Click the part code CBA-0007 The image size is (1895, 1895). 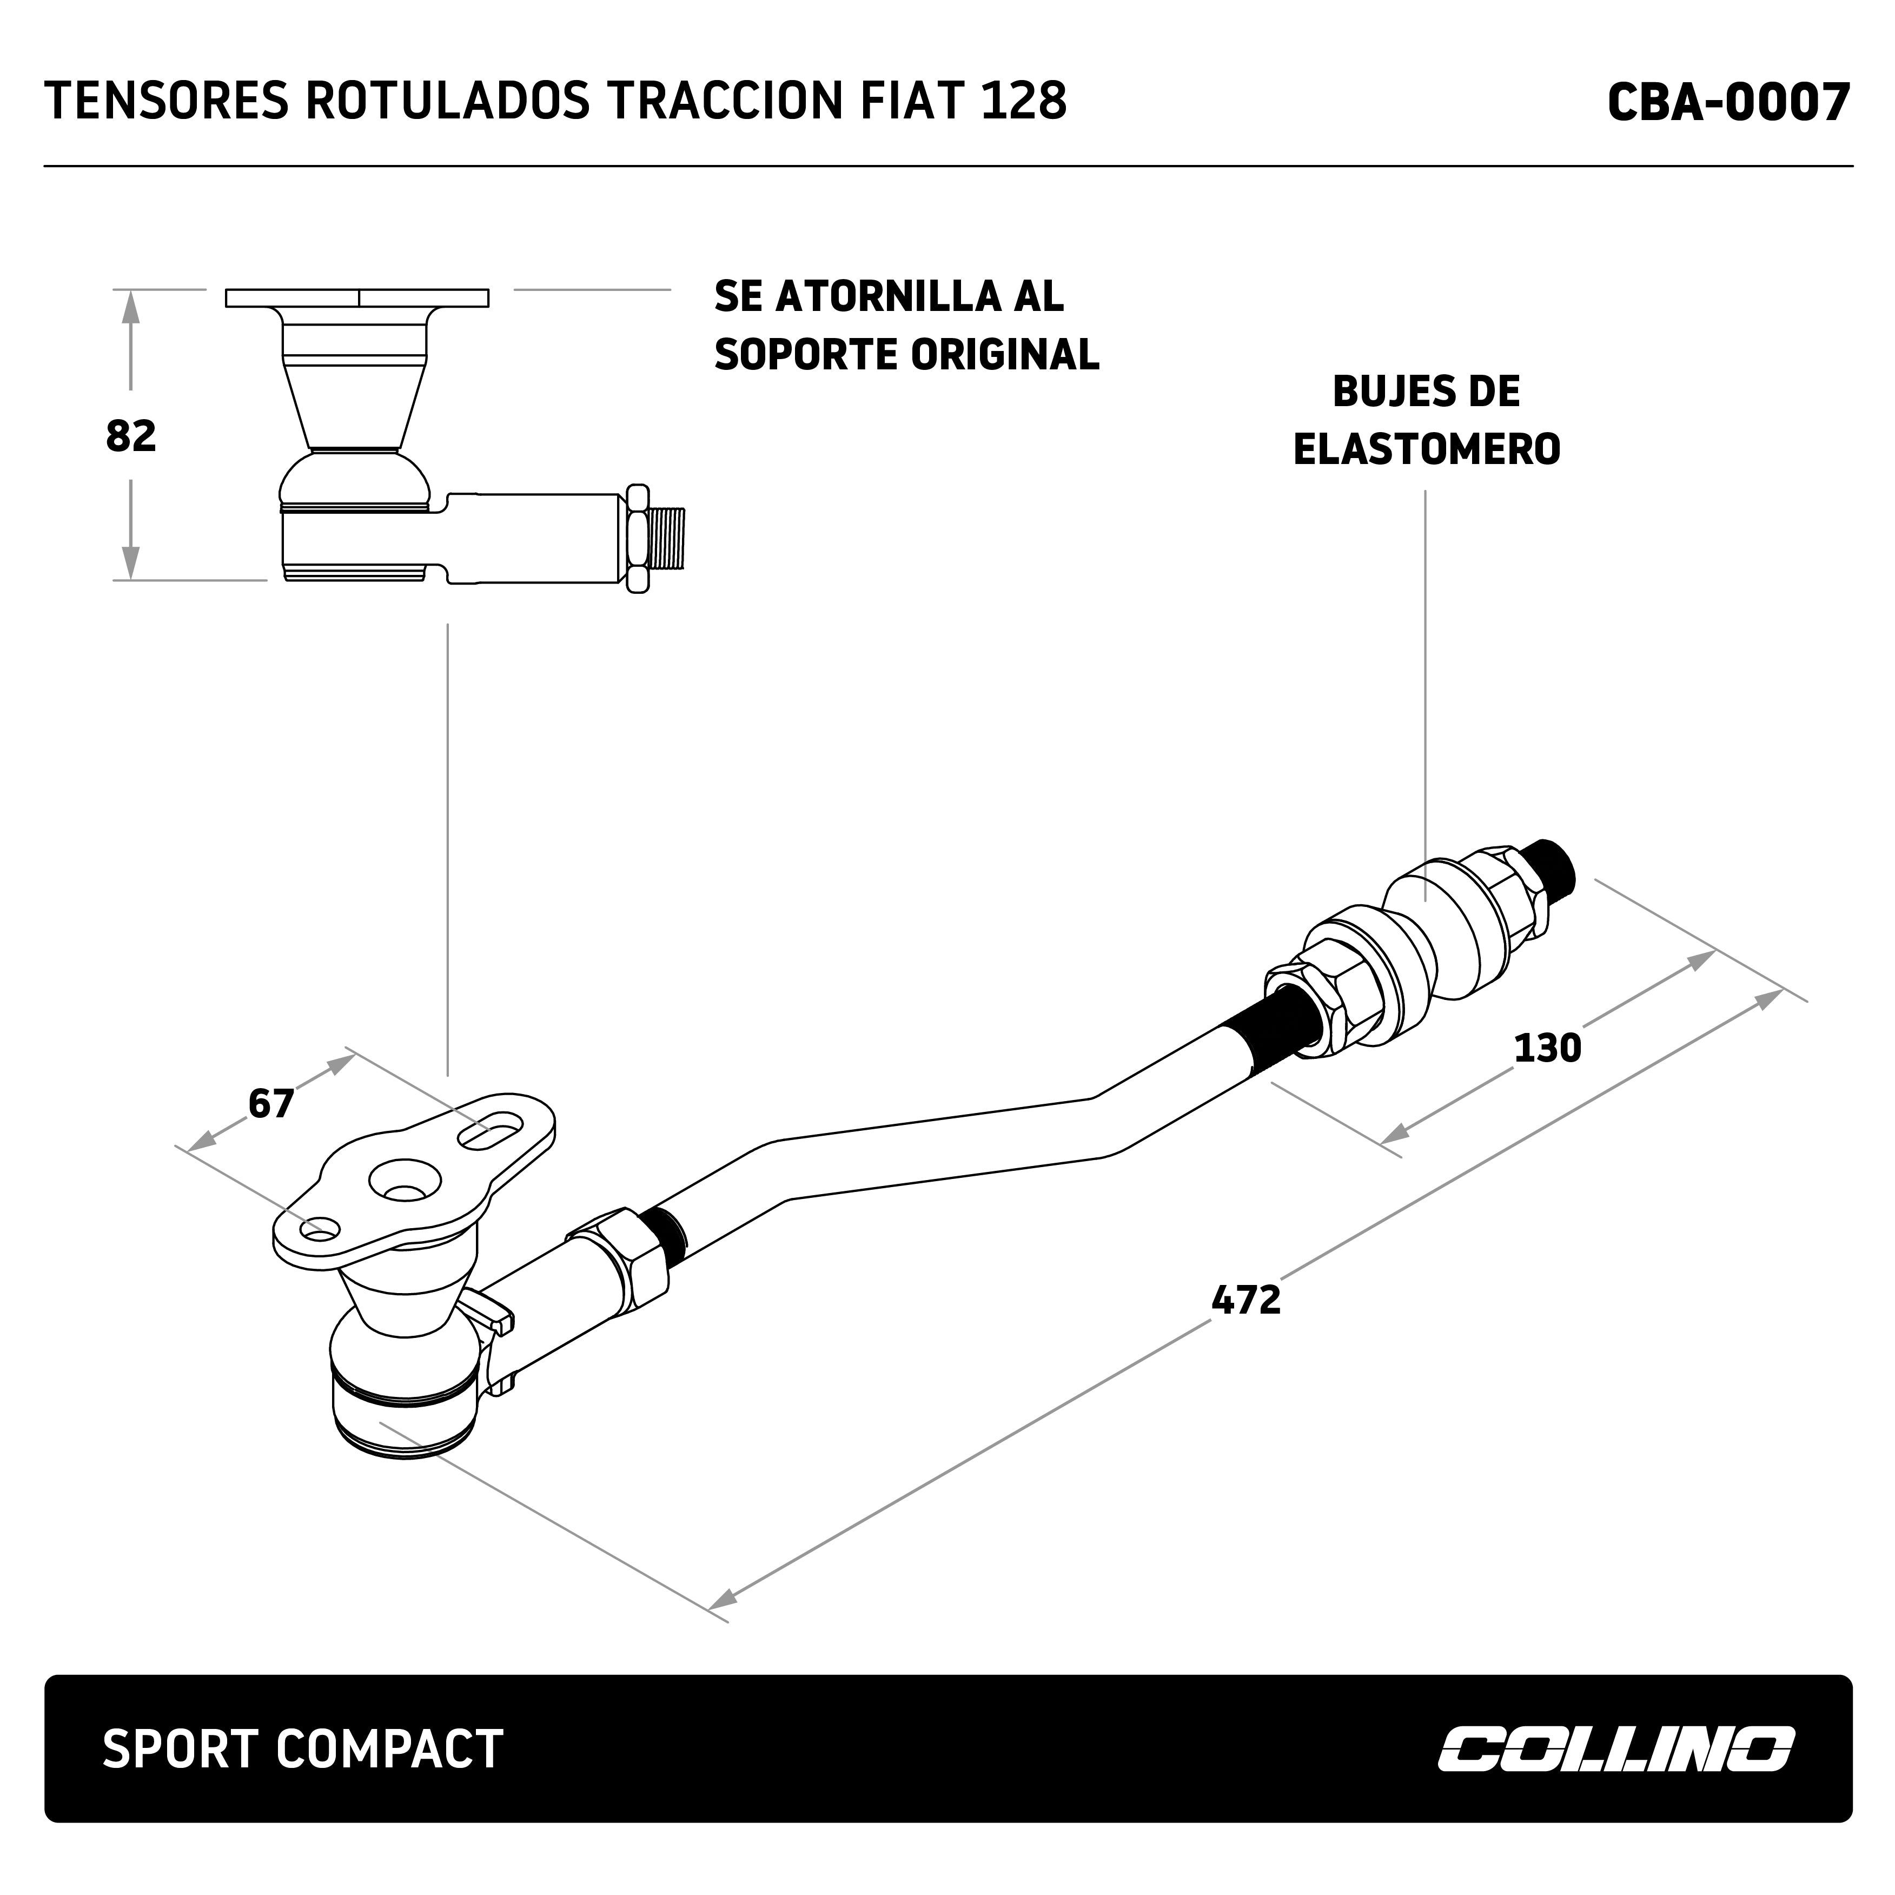(1728, 102)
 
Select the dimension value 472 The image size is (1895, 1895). (1245, 1301)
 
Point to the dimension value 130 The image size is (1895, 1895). (1548, 1049)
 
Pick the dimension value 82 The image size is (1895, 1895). (130, 436)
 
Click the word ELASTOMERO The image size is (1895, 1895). (1426, 449)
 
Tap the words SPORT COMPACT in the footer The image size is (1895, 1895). (302, 1749)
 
